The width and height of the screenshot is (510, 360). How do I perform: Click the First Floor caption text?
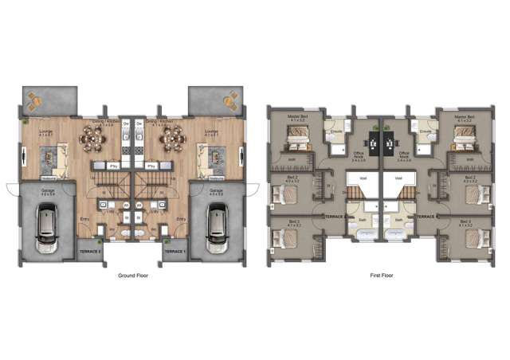382,275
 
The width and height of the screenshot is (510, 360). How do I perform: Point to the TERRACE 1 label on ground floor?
175,252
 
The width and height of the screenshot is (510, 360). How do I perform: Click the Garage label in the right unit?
215,190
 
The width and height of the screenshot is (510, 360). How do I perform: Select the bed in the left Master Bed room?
295,143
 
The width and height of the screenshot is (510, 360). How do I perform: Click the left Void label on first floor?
363,178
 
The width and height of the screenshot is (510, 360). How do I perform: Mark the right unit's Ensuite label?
426,131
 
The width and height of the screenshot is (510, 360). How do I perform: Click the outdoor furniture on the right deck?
230,101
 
